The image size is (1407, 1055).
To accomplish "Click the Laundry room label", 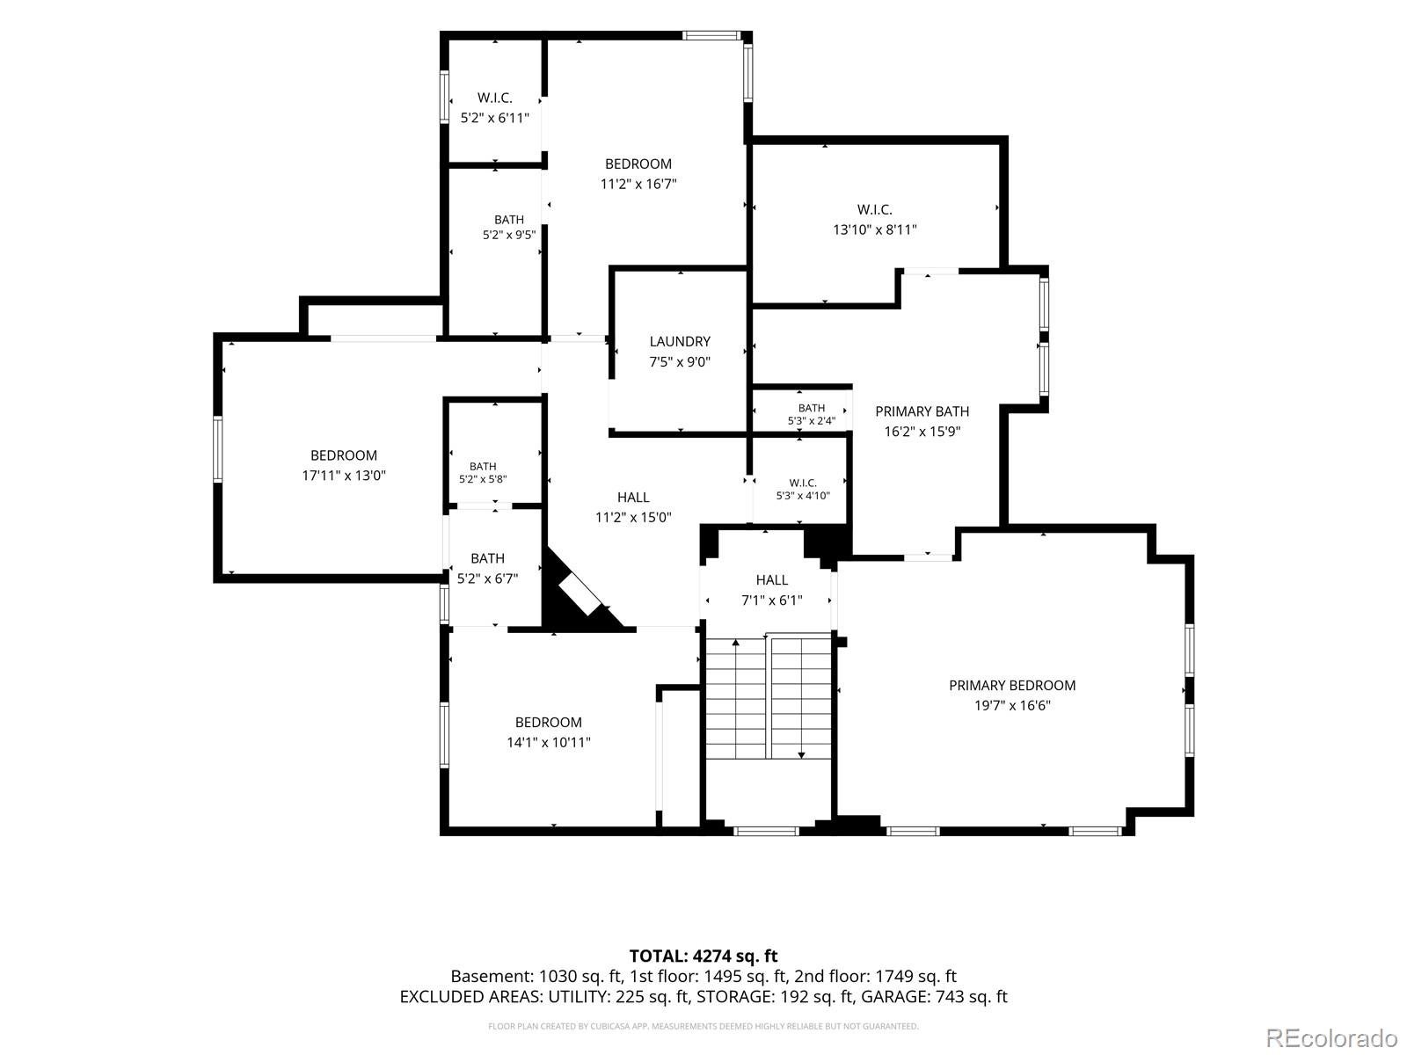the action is click(x=680, y=341).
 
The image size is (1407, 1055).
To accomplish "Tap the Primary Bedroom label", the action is click(x=1012, y=686).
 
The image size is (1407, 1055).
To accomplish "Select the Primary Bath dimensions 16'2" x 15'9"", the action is click(x=922, y=432).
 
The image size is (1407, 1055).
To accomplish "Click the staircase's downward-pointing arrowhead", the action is click(x=801, y=756).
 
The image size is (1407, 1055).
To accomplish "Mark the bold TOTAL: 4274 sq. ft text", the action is click(x=703, y=957).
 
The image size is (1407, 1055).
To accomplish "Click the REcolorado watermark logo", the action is click(x=1331, y=1037).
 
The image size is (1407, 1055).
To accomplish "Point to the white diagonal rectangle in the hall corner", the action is click(x=580, y=595).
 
